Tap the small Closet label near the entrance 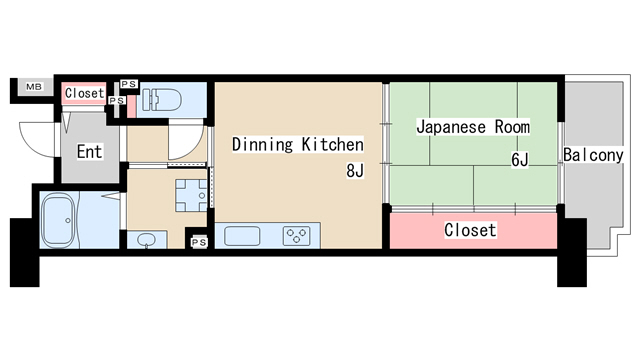point(84,93)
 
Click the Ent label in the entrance point(89,152)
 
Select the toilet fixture point(160,101)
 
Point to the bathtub point(60,219)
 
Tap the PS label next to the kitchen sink point(198,241)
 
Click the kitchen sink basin point(243,236)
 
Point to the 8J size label point(354,171)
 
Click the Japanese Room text point(472,128)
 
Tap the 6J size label point(519,160)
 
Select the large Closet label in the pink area point(470,230)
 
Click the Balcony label point(593,155)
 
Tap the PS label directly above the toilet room point(129,84)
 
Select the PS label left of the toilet point(116,100)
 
